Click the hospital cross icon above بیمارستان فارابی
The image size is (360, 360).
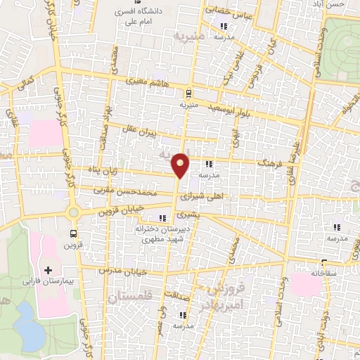[49, 269]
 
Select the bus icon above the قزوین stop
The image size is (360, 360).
[74, 234]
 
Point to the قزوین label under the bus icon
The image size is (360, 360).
[74, 245]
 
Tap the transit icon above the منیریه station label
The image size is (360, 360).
[187, 94]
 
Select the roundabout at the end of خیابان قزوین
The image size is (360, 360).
[74, 212]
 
